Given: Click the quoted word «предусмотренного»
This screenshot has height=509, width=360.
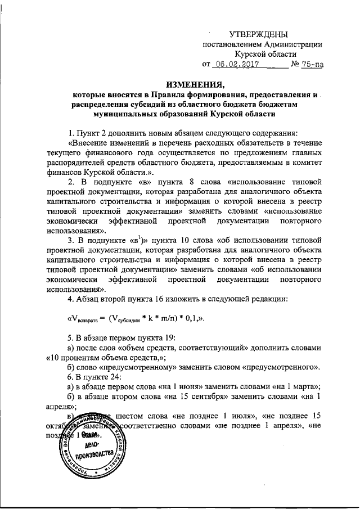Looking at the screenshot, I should pos(283,367).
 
